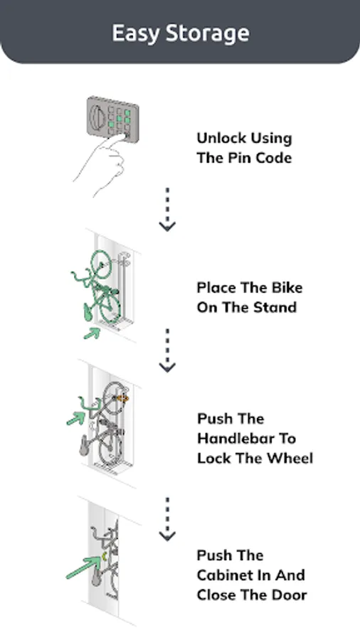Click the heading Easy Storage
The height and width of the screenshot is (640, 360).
coord(181,33)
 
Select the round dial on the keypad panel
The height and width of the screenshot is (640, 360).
coord(97,117)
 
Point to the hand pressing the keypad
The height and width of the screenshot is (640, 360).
coord(102,164)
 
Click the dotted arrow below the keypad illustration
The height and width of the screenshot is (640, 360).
coord(167,209)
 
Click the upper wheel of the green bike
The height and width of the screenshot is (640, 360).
coord(101,264)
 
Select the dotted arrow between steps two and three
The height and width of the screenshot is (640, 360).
coord(167,350)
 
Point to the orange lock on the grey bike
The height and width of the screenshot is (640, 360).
coord(123,398)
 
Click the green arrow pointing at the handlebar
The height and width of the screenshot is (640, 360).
coord(76,418)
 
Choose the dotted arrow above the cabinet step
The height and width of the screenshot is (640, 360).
coord(167,519)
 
